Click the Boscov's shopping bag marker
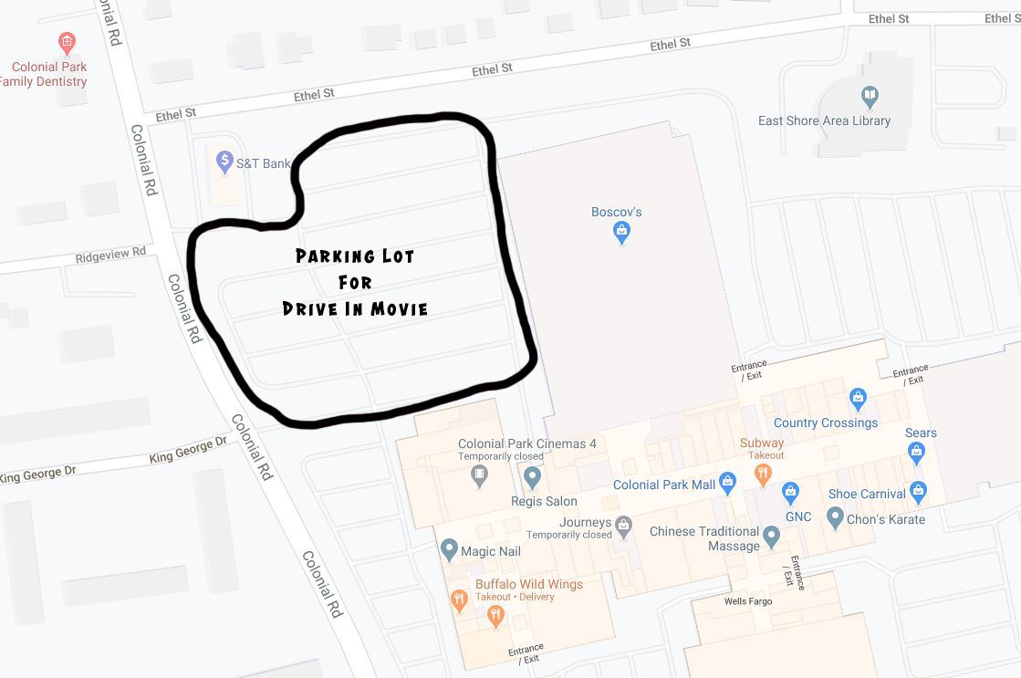click(621, 232)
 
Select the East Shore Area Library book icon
click(870, 97)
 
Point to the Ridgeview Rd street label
click(110, 254)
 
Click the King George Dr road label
click(187, 450)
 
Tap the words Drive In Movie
click(355, 308)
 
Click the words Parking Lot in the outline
click(355, 256)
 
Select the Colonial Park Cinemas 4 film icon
click(480, 475)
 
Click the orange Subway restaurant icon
click(763, 474)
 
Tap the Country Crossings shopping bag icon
click(857, 399)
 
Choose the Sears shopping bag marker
click(917, 452)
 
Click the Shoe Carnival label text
click(867, 494)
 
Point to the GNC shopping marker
click(790, 493)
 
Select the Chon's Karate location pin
click(835, 518)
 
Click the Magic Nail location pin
click(448, 550)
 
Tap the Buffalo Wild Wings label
click(528, 584)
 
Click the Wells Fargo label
click(748, 601)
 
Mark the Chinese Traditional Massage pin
click(772, 537)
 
